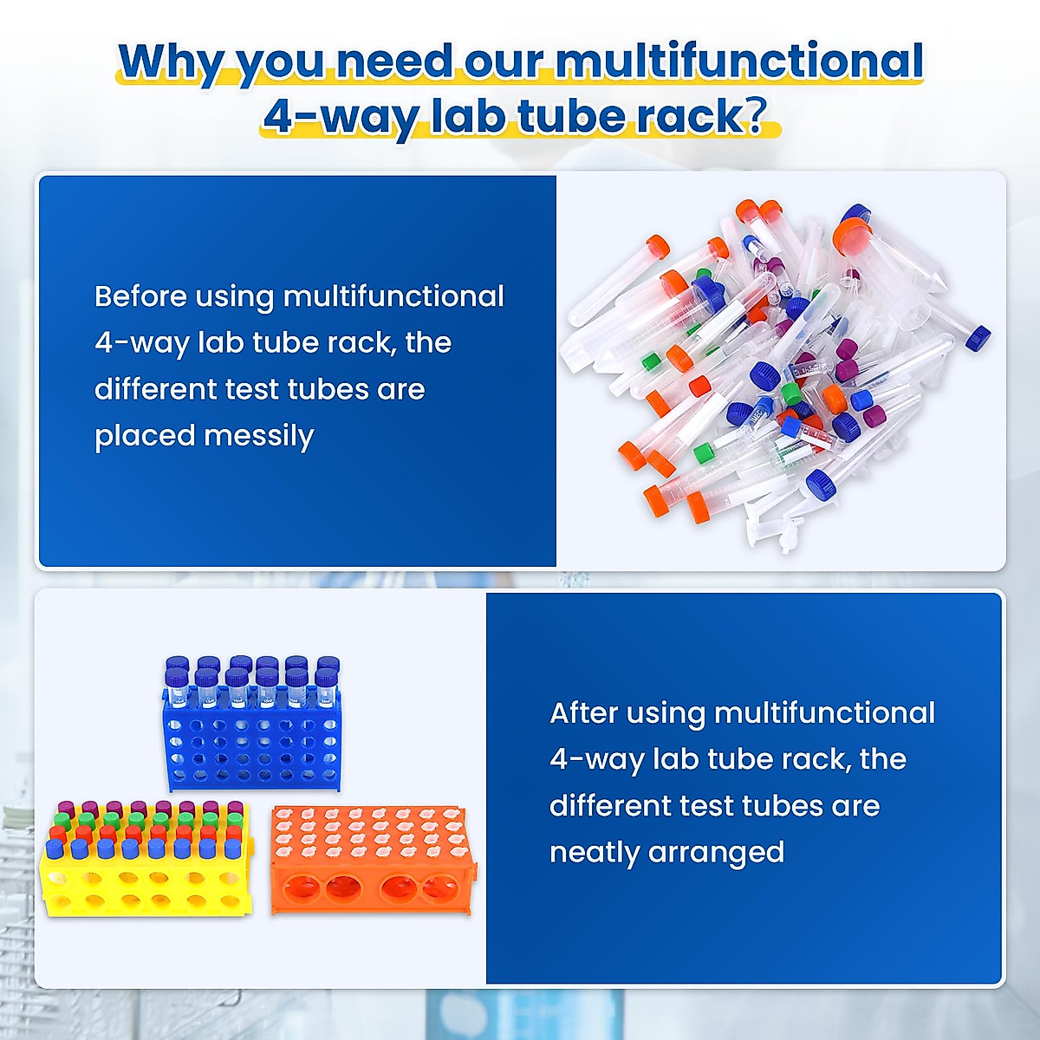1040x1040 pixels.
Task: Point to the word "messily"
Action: (259, 437)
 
